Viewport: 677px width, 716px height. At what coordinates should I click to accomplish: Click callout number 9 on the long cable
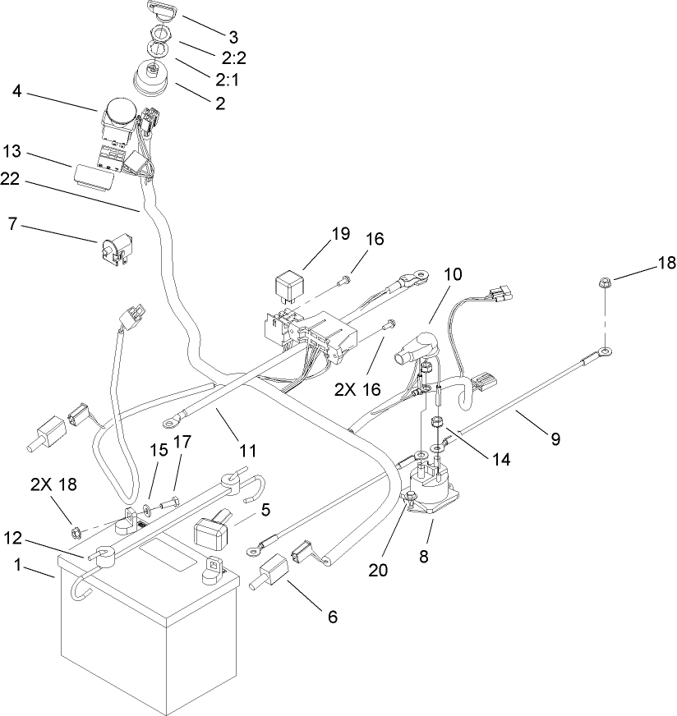555,438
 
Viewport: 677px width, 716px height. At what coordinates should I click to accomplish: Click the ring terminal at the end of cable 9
605,353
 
